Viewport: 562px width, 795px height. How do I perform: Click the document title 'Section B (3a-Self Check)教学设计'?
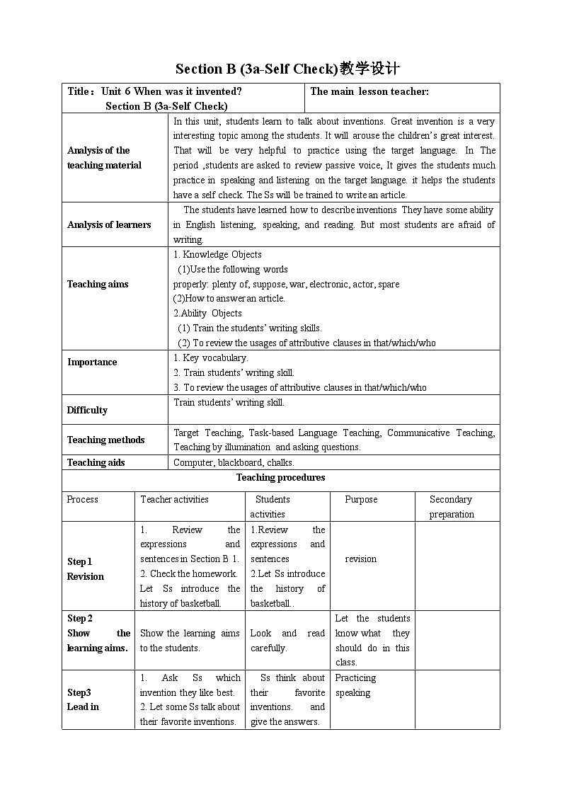click(x=287, y=69)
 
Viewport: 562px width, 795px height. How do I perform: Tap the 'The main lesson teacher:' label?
click(x=369, y=91)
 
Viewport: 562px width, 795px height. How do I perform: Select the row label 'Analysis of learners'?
click(x=109, y=224)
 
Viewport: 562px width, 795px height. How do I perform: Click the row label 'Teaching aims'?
click(x=98, y=284)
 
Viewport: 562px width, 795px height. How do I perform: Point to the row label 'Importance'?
click(x=92, y=362)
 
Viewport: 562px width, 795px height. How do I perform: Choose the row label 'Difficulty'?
click(x=87, y=410)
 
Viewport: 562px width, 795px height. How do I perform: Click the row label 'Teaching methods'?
click(x=105, y=440)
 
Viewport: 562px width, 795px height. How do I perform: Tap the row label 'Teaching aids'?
click(x=96, y=462)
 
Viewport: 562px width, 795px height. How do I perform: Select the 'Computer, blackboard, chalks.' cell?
click(x=234, y=462)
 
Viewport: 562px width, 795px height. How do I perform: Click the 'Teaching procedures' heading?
click(x=280, y=478)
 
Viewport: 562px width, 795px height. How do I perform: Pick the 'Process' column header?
click(x=82, y=500)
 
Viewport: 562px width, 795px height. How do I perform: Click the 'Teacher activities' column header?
click(x=174, y=500)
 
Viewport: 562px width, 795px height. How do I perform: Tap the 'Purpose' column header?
click(x=361, y=500)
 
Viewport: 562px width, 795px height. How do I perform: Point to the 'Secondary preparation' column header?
click(x=451, y=507)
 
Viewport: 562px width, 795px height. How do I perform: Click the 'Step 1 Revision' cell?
click(x=86, y=569)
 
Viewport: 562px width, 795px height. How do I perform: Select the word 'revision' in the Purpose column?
click(x=360, y=559)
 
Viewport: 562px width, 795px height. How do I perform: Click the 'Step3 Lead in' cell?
click(x=83, y=699)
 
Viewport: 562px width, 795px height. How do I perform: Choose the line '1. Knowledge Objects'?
click(x=217, y=254)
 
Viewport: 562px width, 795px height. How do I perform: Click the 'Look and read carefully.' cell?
click(x=287, y=641)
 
